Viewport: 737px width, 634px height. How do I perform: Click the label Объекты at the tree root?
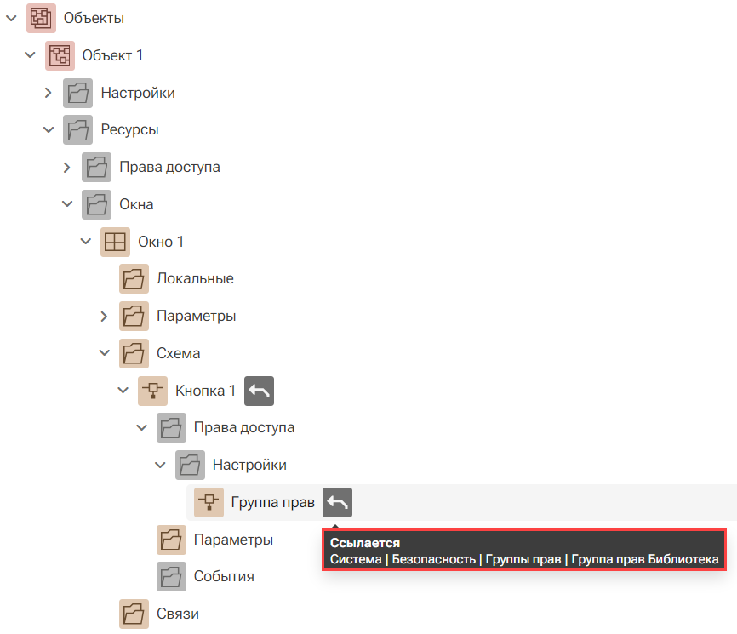pyautogui.click(x=94, y=19)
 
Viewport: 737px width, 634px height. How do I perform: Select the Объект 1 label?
pyautogui.click(x=112, y=55)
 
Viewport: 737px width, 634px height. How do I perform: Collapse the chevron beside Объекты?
pyautogui.click(x=11, y=19)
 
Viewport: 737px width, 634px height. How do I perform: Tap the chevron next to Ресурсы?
pyautogui.click(x=49, y=129)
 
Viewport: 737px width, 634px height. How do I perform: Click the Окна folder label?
pyautogui.click(x=136, y=204)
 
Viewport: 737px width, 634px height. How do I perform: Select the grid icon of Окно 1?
pyautogui.click(x=115, y=242)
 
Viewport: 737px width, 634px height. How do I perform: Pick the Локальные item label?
pyautogui.click(x=195, y=278)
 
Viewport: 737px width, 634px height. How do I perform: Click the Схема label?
pyautogui.click(x=178, y=353)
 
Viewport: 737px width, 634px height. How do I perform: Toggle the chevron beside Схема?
pyautogui.click(x=105, y=353)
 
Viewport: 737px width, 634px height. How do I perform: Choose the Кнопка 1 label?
pyautogui.click(x=205, y=391)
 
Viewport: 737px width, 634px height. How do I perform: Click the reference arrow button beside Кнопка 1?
pyautogui.click(x=259, y=391)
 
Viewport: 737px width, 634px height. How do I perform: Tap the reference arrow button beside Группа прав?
pyautogui.click(x=337, y=502)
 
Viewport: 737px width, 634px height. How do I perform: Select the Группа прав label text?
pyautogui.click(x=272, y=502)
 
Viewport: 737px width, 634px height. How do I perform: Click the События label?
pyautogui.click(x=224, y=577)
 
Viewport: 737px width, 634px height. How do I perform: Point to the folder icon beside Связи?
pyautogui.click(x=134, y=614)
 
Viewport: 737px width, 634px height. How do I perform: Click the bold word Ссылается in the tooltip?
pyautogui.click(x=365, y=543)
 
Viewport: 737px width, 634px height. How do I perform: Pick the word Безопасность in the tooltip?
pyautogui.click(x=433, y=559)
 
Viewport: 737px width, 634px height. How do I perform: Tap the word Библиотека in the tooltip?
pyautogui.click(x=683, y=559)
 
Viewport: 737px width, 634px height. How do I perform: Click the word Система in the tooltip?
pyautogui.click(x=356, y=559)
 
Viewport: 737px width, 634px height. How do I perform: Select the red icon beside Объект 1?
pyautogui.click(x=60, y=55)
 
